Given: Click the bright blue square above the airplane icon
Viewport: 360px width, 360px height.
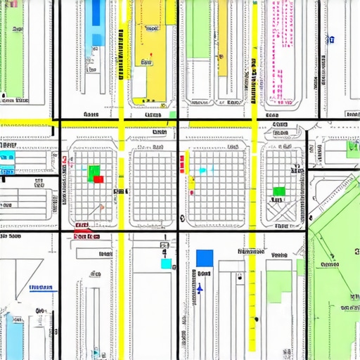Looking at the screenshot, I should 205,258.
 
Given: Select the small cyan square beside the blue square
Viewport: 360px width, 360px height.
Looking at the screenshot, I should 167,264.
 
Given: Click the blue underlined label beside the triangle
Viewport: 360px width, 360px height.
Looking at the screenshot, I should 41,287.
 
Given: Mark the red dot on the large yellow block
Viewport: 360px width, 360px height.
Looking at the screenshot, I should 150,55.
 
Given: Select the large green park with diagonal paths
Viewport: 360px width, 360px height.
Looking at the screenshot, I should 334,281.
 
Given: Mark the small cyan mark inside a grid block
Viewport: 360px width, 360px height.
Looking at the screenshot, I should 203,170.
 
